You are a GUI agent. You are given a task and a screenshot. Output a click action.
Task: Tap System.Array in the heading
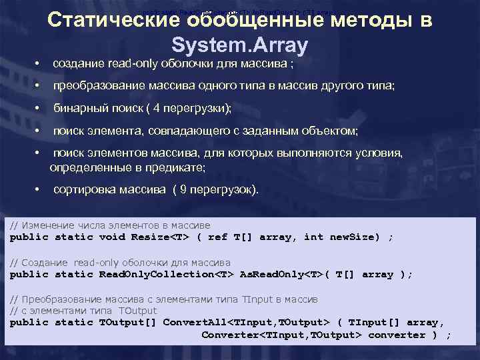(x=239, y=45)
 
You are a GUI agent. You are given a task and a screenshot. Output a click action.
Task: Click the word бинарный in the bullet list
(x=79, y=107)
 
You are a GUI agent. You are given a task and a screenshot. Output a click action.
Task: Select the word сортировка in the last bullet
(x=85, y=189)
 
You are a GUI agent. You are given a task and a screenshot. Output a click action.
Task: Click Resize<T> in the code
(x=161, y=237)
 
